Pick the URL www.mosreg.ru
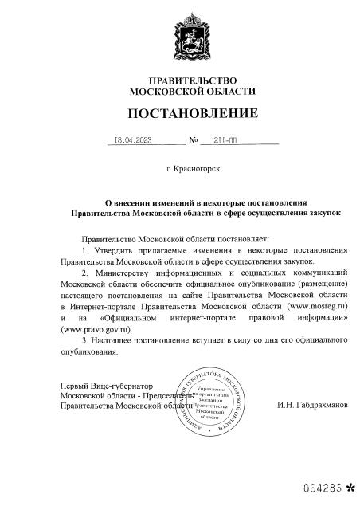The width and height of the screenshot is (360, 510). pyautogui.click(x=315, y=304)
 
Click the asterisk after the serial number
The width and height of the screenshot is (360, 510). pyautogui.click(x=350, y=484)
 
